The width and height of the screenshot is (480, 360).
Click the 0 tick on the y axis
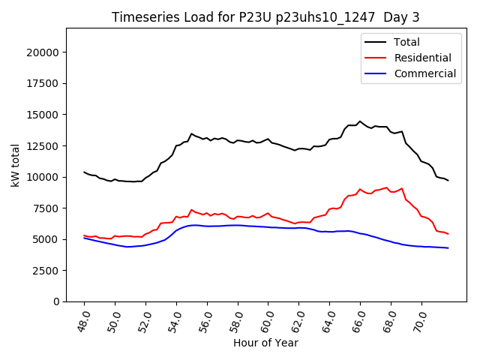57,301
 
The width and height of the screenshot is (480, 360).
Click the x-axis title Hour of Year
265,343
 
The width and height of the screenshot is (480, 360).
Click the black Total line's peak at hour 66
360,121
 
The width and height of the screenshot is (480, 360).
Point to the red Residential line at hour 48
85,235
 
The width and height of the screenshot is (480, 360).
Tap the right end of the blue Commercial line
448,247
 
